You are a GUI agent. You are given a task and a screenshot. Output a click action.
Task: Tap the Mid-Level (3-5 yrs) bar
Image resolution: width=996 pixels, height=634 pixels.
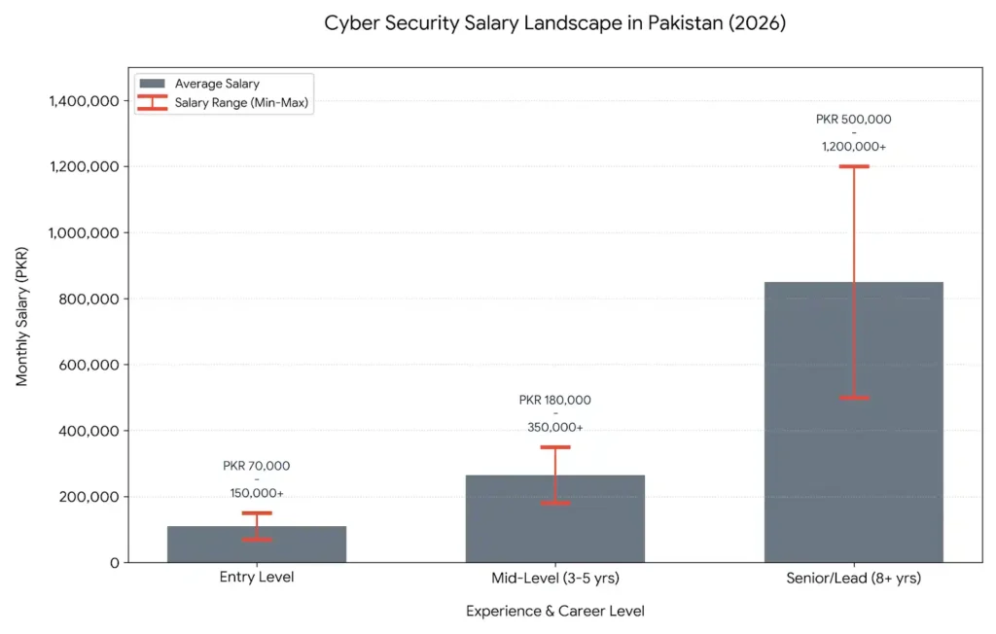click(x=554, y=519)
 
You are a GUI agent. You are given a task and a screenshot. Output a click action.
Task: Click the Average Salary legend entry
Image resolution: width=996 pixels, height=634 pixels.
click(x=217, y=84)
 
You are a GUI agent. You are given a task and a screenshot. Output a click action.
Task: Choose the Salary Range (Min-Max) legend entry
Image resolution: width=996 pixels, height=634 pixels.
click(x=243, y=102)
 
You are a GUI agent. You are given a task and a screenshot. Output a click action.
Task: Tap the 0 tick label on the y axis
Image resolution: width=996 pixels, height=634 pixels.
click(x=115, y=562)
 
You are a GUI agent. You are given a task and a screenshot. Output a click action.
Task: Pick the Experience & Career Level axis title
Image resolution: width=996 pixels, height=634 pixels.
click(x=554, y=611)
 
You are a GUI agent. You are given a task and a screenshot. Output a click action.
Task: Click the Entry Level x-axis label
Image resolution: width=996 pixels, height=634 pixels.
click(x=257, y=578)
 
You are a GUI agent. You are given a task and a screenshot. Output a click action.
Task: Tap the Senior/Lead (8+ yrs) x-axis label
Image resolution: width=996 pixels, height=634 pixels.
click(x=853, y=578)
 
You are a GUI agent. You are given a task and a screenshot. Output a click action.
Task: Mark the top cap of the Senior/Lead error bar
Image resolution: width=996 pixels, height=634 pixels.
click(x=853, y=166)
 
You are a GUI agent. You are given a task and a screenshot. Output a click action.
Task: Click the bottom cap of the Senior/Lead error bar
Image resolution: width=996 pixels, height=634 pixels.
click(x=853, y=398)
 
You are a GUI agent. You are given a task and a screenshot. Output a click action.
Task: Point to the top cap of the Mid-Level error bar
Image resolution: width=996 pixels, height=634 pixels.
click(x=554, y=447)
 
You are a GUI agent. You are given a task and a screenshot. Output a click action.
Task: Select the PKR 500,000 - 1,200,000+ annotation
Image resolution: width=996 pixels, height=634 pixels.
click(x=853, y=133)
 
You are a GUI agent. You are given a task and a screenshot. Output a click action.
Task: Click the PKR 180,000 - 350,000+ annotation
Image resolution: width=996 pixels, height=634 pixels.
click(x=554, y=413)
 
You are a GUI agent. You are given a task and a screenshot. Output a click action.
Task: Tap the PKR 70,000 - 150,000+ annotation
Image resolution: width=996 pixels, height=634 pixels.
click(x=257, y=479)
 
